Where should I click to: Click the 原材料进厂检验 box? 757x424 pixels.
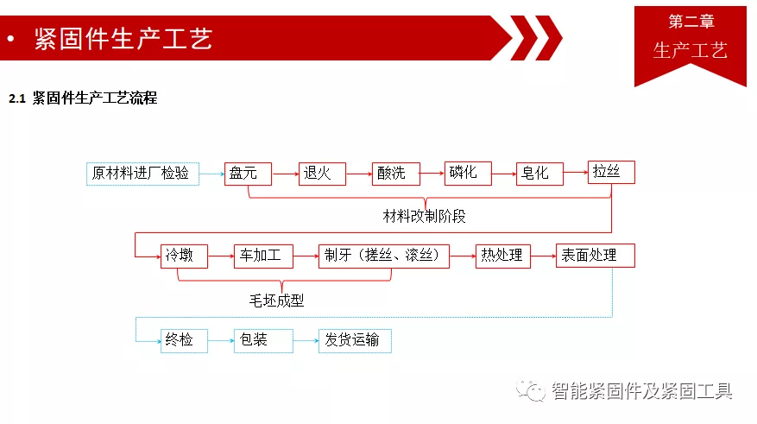pyautogui.click(x=142, y=174)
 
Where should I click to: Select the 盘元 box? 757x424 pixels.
pyautogui.click(x=248, y=174)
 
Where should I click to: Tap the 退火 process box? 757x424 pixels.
pyautogui.click(x=322, y=174)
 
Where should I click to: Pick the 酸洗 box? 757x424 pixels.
pyautogui.click(x=396, y=174)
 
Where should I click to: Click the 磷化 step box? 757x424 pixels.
pyautogui.click(x=468, y=174)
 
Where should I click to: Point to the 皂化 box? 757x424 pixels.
pyautogui.click(x=539, y=174)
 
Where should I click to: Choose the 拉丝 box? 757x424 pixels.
pyautogui.click(x=611, y=173)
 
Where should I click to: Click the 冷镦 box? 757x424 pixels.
pyautogui.click(x=184, y=256)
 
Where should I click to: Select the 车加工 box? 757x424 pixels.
pyautogui.click(x=263, y=256)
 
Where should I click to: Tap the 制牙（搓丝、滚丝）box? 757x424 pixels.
pyautogui.click(x=384, y=256)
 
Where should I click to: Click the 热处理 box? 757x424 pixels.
pyautogui.click(x=502, y=256)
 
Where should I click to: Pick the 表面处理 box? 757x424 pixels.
pyautogui.click(x=596, y=256)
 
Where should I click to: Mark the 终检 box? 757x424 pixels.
pyautogui.click(x=184, y=341)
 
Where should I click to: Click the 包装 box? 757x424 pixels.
pyautogui.click(x=263, y=341)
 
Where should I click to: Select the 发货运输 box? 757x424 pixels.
pyautogui.click(x=355, y=341)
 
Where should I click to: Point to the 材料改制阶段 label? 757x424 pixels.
pyautogui.click(x=424, y=216)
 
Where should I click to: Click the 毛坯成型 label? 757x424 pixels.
pyautogui.click(x=276, y=301)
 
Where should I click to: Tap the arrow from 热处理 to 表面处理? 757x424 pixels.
pyautogui.click(x=543, y=256)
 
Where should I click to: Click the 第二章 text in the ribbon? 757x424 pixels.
pyautogui.click(x=691, y=22)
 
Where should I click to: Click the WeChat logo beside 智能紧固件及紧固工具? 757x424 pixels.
pyautogui.click(x=531, y=389)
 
